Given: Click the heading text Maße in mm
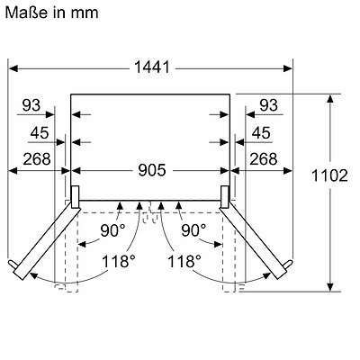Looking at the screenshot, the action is (51, 13).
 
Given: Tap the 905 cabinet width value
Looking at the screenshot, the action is (152, 170).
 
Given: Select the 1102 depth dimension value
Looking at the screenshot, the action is (329, 175).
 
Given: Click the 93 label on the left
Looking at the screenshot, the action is (31, 105).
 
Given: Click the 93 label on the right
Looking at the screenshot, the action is (269, 105).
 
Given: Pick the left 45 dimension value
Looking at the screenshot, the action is (40, 133).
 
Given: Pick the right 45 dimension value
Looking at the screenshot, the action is (261, 133).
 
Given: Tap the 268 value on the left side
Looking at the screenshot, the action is (37, 159).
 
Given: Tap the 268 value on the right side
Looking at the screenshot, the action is (264, 159).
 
